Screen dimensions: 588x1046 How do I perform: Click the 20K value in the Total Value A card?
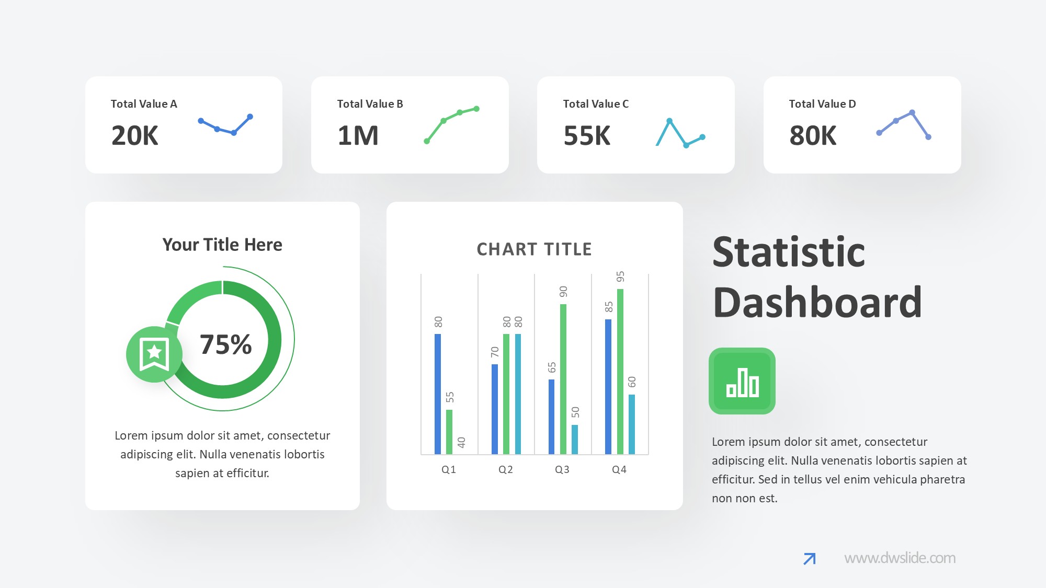[134, 135]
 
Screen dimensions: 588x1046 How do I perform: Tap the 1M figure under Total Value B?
[358, 135]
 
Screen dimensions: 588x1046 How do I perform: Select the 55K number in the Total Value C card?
[587, 135]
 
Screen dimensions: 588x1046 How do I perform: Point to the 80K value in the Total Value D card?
[813, 135]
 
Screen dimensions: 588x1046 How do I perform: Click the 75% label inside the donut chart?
[226, 344]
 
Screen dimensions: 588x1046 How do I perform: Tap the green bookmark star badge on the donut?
[154, 354]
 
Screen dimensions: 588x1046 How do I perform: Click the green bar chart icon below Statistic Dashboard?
[742, 381]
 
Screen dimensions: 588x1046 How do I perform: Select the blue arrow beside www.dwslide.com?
[809, 559]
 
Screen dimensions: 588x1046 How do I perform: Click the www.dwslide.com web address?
[900, 558]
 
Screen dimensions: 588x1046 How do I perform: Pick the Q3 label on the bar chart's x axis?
[562, 469]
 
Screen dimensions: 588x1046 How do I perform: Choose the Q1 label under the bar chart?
[449, 469]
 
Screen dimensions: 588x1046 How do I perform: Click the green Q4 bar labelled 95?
[620, 371]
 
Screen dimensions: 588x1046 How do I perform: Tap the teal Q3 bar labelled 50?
[575, 439]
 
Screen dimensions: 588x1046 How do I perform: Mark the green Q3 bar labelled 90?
[563, 379]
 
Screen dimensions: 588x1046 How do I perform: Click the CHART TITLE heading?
[534, 249]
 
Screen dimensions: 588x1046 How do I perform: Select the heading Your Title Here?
[222, 245]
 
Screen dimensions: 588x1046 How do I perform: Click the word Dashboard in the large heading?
[817, 303]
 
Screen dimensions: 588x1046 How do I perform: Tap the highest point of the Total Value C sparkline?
[669, 121]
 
